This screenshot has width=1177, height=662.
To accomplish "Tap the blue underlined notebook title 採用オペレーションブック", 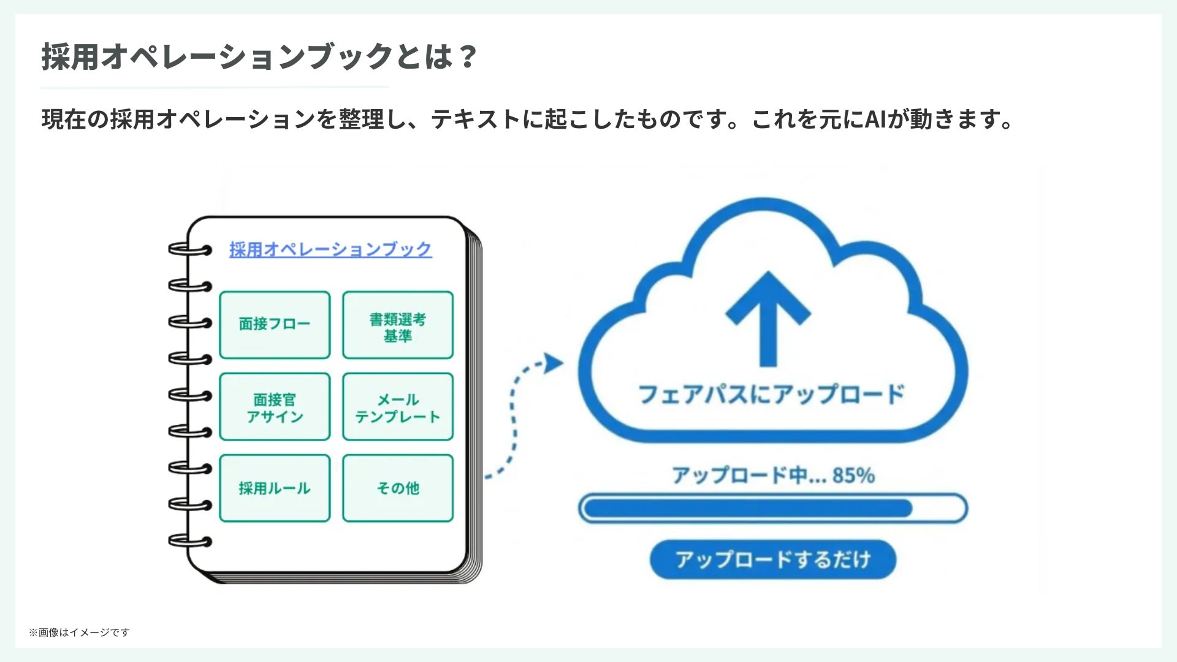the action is (330, 249).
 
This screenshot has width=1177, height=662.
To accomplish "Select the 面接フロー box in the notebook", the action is (275, 324).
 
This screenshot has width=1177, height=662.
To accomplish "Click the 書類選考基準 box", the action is (398, 325).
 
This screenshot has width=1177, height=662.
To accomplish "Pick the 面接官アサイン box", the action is (275, 407).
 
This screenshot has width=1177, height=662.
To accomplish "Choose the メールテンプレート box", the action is (398, 407).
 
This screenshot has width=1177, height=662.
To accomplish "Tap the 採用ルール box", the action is (275, 489).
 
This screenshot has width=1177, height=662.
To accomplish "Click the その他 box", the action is (398, 489).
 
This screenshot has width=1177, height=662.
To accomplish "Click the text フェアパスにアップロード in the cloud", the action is (771, 394).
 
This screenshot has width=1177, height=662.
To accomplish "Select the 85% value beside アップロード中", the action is (853, 475).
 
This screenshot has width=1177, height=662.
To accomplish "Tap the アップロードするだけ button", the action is (772, 559).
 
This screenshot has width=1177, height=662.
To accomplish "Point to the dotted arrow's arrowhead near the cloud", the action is (553, 363).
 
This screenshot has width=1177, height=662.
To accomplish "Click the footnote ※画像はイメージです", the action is (79, 633).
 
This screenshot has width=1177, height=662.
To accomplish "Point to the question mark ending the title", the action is (467, 56).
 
